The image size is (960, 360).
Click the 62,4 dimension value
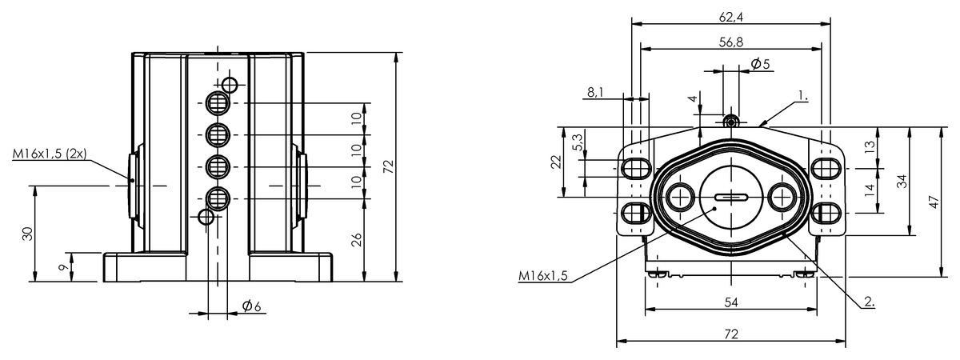pyautogui.click(x=731, y=17)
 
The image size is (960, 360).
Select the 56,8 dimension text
pyautogui.click(x=731, y=42)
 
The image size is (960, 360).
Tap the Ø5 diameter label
pyautogui.click(x=761, y=64)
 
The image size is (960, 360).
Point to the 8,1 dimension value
pyautogui.click(x=595, y=92)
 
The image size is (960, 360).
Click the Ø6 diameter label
pyautogui.click(x=251, y=306)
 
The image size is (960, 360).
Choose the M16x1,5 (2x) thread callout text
pyautogui.click(x=50, y=154)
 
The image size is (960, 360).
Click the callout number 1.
pyautogui.click(x=802, y=96)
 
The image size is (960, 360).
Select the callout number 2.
pyautogui.click(x=869, y=302)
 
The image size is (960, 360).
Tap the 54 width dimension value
pyautogui.click(x=731, y=302)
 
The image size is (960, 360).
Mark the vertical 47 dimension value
pyautogui.click(x=934, y=202)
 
